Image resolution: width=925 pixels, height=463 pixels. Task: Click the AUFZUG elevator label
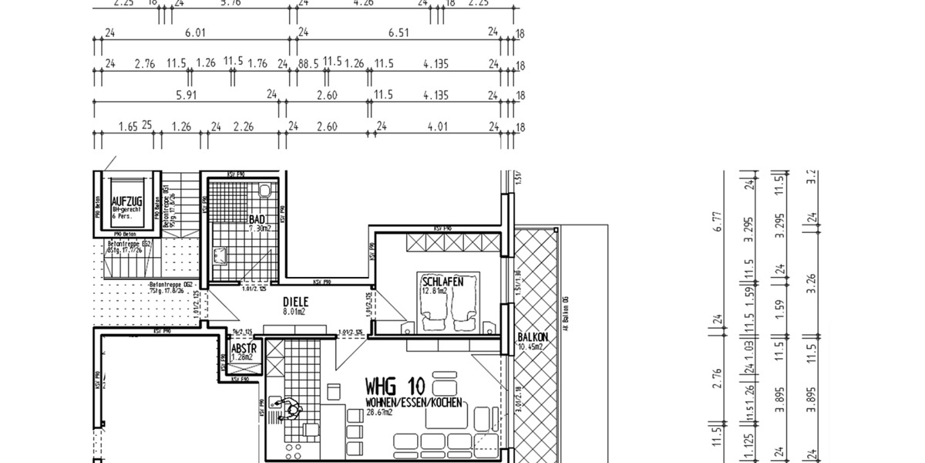tap(126, 201)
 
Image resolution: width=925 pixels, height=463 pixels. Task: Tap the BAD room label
tap(258, 219)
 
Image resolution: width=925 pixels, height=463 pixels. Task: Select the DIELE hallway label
tap(296, 302)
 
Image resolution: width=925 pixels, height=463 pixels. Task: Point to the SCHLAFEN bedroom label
tap(442, 282)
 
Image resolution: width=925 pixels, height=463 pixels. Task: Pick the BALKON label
tap(533, 337)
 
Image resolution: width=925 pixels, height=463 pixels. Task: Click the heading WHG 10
tap(394, 386)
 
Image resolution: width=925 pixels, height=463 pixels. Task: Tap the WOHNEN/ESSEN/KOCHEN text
tap(414, 403)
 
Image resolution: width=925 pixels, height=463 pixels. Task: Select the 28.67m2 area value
tap(379, 413)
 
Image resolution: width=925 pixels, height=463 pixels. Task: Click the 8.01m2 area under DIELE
tap(294, 313)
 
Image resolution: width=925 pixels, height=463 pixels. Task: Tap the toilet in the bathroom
tap(264, 190)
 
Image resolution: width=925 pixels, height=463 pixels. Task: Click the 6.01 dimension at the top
tap(196, 32)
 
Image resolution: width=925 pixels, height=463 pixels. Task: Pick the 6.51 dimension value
tap(399, 32)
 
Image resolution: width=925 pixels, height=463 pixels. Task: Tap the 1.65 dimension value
tap(128, 126)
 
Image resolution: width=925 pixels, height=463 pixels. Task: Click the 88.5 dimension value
tap(308, 63)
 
